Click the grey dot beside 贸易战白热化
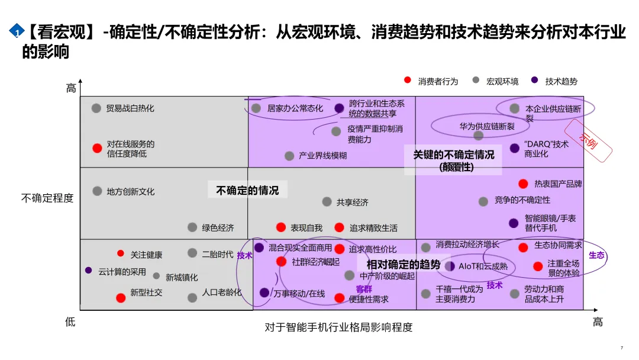pos(96,108)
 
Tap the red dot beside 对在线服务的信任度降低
pos(97,148)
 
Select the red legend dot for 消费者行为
pos(408,80)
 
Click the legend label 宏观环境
pos(502,81)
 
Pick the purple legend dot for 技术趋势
pos(535,80)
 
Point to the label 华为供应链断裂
pos(487,126)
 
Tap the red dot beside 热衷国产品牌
pos(523,184)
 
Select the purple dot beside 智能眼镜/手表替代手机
pos(514,223)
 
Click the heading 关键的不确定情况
pos(454,155)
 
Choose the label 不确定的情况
pos(248,190)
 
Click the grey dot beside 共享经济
pos(327,202)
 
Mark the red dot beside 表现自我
pos(281,227)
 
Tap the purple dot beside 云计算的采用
pos(89,270)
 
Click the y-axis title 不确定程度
pos(47,198)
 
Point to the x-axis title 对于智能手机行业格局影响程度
pos(338,327)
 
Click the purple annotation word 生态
pos(596,255)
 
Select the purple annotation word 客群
pos(364,289)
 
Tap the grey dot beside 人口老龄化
pos(192,298)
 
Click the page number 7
pos(621,348)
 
